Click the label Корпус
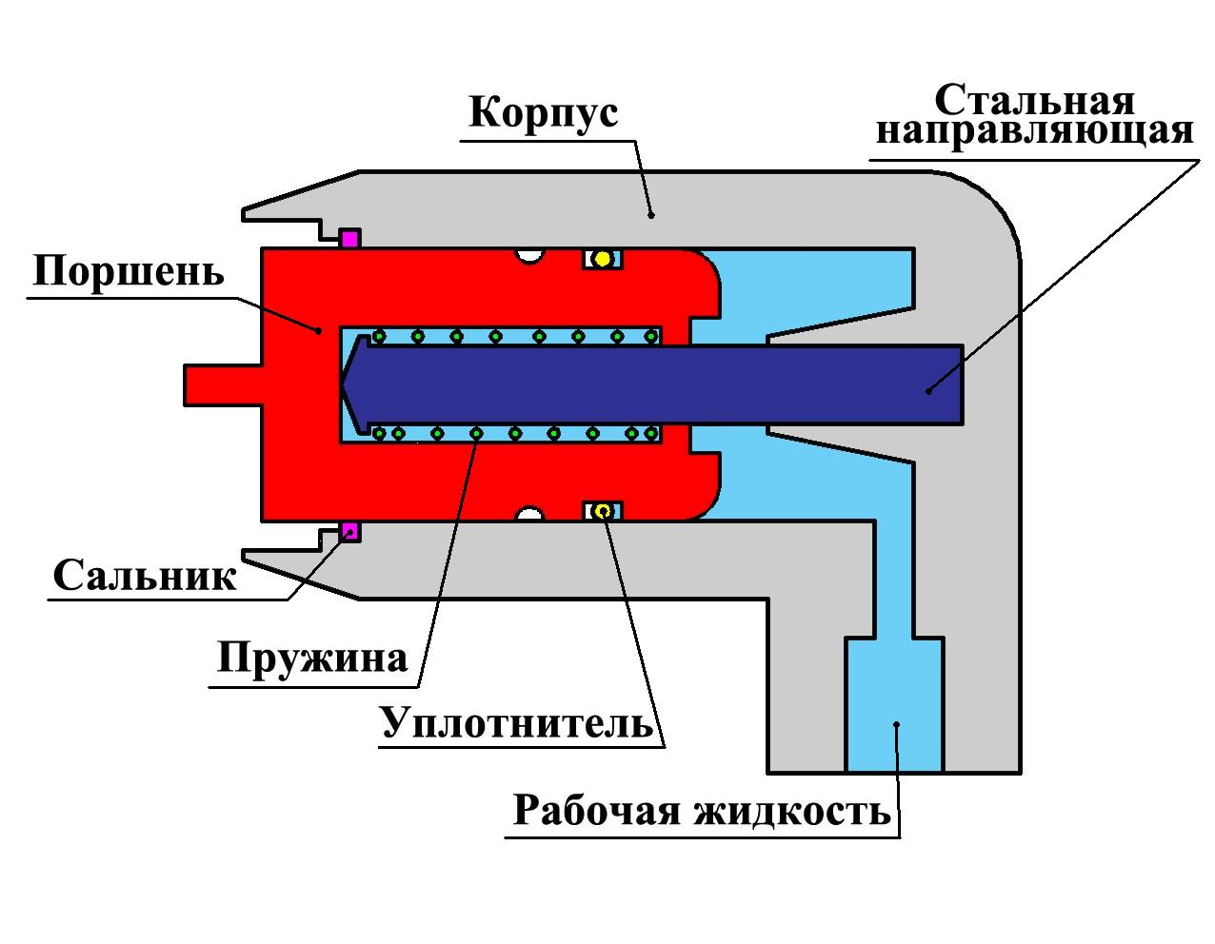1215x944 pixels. pyautogui.click(x=544, y=112)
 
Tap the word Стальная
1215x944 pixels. pyautogui.click(x=1034, y=100)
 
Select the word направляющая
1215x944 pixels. pyautogui.click(x=1034, y=130)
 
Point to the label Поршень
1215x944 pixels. pyautogui.click(x=129, y=271)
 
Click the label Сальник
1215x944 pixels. pyautogui.click(x=145, y=576)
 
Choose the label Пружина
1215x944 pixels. pyautogui.click(x=312, y=658)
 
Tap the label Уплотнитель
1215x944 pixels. pyautogui.click(x=517, y=722)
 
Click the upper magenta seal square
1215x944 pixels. pyautogui.click(x=349, y=239)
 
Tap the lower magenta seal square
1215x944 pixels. pyautogui.click(x=349, y=531)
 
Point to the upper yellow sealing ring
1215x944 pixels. pyautogui.click(x=602, y=259)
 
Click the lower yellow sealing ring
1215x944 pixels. pyautogui.click(x=602, y=511)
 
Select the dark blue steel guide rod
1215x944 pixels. pyautogui.click(x=667, y=383)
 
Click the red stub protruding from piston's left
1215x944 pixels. pyautogui.click(x=222, y=383)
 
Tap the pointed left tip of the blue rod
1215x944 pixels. pyautogui.click(x=343, y=383)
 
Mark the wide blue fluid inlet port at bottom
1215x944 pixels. pyautogui.click(x=894, y=704)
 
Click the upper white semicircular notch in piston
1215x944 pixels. pyautogui.click(x=528, y=255)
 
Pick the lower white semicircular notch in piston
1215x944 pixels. pyautogui.click(x=528, y=515)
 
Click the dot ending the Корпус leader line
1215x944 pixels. pyautogui.click(x=651, y=215)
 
